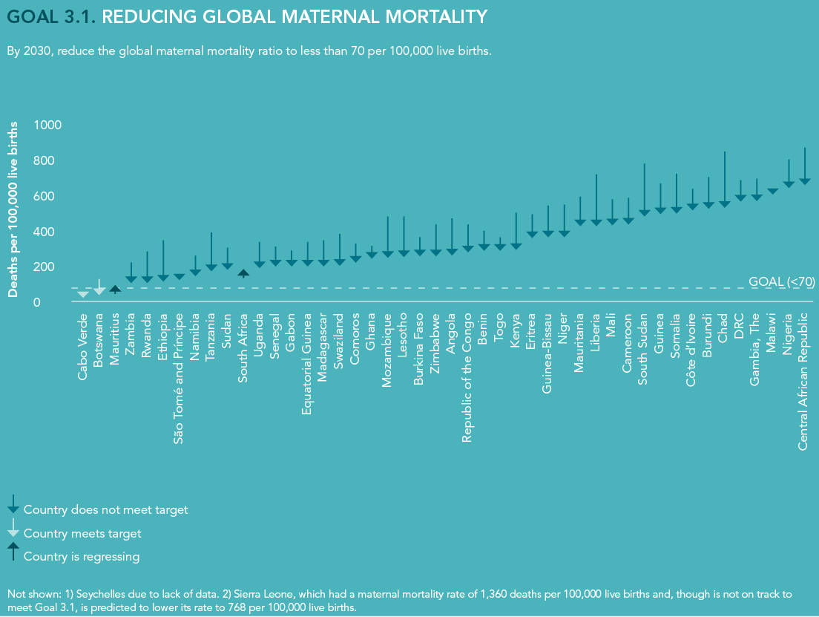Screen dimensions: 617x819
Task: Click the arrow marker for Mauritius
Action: tap(115, 289)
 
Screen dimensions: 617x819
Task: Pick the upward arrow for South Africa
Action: tap(243, 272)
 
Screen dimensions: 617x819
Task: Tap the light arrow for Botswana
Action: tap(99, 290)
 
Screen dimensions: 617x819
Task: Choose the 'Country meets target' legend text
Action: tap(82, 533)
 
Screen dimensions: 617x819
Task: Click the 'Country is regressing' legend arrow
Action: tap(13, 550)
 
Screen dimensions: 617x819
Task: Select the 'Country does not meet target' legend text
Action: tap(106, 510)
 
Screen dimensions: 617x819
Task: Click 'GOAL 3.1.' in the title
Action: tap(50, 17)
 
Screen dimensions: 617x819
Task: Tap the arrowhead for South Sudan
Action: tap(645, 213)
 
